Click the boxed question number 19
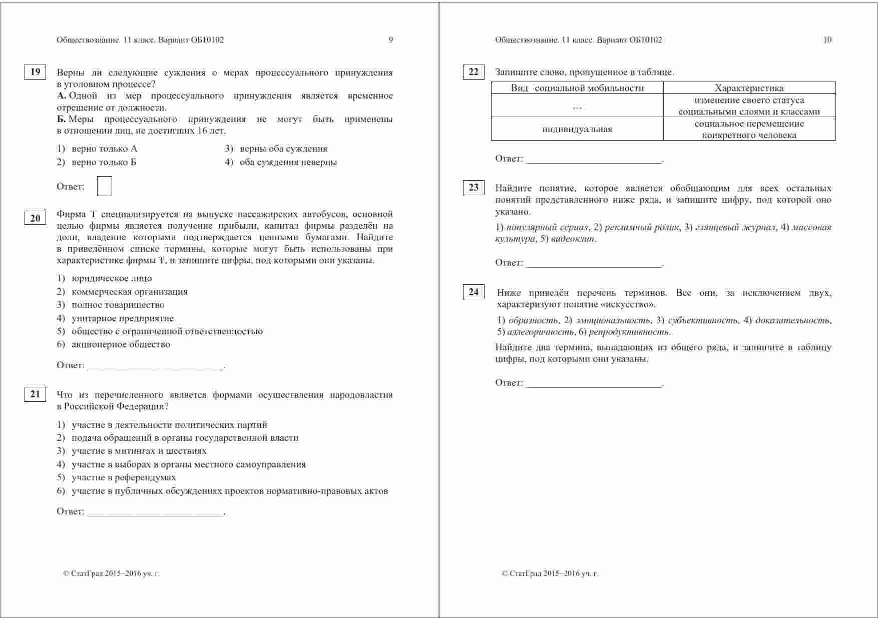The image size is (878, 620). click(35, 72)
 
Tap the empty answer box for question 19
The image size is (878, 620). click(104, 186)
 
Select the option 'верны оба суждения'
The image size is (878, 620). click(283, 149)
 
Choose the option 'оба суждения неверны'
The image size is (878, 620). click(288, 162)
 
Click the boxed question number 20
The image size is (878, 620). click(35, 218)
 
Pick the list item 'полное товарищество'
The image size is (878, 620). click(118, 305)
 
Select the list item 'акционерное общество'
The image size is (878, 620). click(121, 344)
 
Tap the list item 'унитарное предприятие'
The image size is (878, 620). click(122, 318)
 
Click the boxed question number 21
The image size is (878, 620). click(35, 394)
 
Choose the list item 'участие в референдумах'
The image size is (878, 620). click(124, 477)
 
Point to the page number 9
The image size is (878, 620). click(391, 40)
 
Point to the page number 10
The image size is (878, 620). click(827, 40)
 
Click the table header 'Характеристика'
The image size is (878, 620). click(749, 88)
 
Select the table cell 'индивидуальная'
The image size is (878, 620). click(577, 129)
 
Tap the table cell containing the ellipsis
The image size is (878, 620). click(577, 106)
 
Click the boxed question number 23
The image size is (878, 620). click(474, 188)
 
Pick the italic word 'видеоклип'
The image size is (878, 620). click(573, 239)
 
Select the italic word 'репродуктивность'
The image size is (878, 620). click(629, 332)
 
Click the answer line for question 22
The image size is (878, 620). click(594, 160)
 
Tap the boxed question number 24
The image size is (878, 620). click(474, 292)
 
